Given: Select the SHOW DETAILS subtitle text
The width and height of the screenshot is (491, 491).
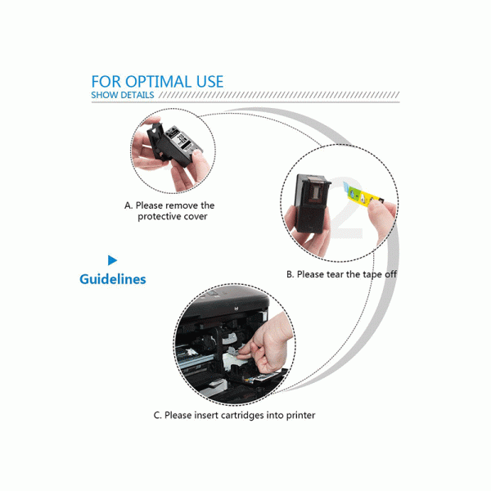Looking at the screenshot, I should pos(122,96).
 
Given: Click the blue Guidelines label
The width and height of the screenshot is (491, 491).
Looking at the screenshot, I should pos(113,279).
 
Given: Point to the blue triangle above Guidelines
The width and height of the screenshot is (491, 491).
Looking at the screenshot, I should pos(112,259).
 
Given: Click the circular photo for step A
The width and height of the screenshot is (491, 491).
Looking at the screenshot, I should pos(173,150).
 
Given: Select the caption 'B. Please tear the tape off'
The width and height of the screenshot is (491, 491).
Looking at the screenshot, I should pos(341,274).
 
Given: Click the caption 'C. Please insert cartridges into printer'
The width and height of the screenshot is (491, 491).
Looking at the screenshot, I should pos(234,415).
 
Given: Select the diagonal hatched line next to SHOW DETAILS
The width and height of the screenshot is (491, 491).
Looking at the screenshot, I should pos(278,96).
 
